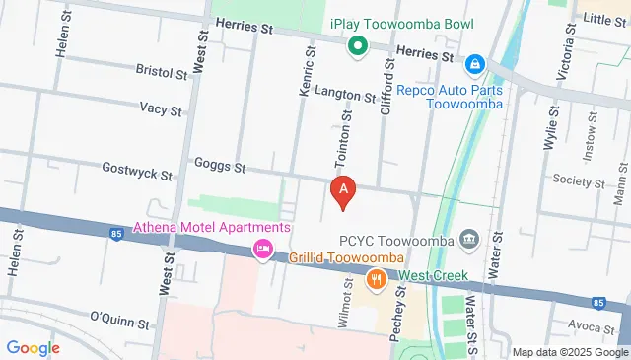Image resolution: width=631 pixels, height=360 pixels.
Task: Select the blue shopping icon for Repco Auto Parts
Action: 475,63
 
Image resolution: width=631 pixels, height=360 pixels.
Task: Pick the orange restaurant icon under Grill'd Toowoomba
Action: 376,280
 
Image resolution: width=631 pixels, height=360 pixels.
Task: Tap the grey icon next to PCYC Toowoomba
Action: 468,239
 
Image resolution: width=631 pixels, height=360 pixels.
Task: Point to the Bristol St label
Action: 162,73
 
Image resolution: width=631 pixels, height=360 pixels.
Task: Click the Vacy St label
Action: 161,109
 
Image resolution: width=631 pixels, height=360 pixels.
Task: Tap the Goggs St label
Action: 220,166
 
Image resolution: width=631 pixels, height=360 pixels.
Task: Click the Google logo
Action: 33,347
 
